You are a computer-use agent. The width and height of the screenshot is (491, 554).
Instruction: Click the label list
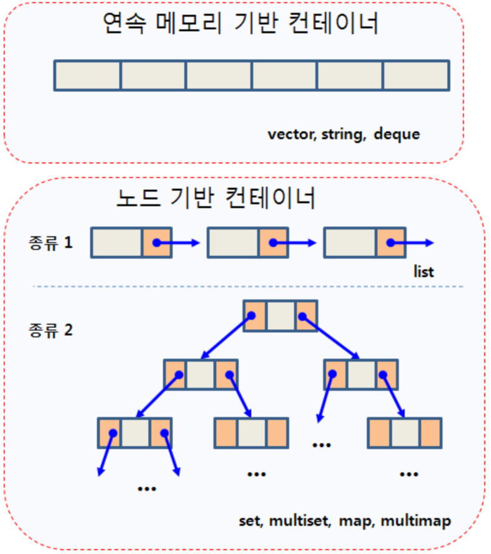click(x=424, y=272)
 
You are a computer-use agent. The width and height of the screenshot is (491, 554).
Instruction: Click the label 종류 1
click(x=51, y=242)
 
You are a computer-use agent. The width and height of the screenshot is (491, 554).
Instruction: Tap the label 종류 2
click(x=51, y=329)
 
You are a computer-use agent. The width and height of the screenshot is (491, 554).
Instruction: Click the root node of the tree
click(x=280, y=316)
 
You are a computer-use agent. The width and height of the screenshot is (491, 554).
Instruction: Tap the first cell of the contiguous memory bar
click(x=87, y=76)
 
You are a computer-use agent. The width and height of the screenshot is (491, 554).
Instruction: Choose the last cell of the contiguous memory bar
click(x=416, y=76)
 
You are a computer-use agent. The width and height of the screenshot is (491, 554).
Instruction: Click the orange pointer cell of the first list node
click(x=156, y=242)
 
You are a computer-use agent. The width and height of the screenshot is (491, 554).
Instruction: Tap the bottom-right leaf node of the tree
click(x=405, y=432)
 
